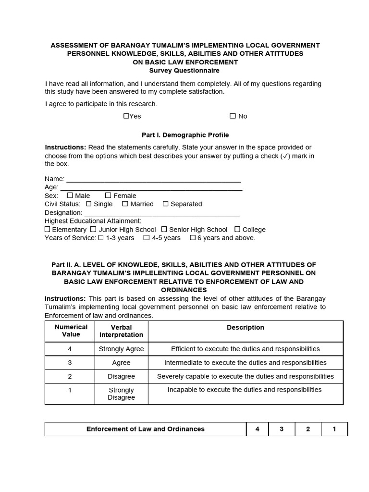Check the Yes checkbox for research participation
click(x=126, y=116)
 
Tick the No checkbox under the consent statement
click(x=233, y=116)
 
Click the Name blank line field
click(x=153, y=179)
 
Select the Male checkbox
click(x=70, y=196)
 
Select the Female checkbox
click(x=108, y=196)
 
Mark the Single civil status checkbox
click(x=88, y=204)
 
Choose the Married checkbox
click(x=125, y=204)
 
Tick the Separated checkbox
click(x=165, y=204)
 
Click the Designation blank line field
click(x=161, y=213)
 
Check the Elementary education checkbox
click(x=48, y=230)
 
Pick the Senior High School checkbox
click(x=164, y=230)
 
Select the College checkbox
click(x=237, y=230)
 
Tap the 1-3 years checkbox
click(x=101, y=238)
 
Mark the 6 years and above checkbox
click(x=192, y=238)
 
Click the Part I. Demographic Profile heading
click(x=185, y=135)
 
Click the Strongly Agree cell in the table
click(x=121, y=349)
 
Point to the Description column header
click(x=245, y=328)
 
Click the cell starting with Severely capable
click(x=245, y=376)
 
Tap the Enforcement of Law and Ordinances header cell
click(x=145, y=429)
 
